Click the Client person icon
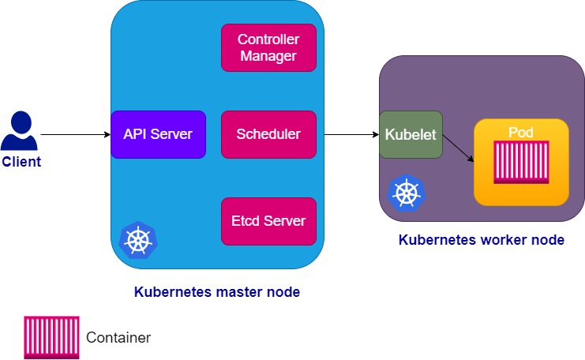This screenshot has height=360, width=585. click(21, 131)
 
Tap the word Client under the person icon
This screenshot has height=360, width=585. click(21, 162)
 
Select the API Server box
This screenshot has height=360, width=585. click(158, 134)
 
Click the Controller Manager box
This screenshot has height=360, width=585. click(268, 47)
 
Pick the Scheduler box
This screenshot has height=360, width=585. click(268, 134)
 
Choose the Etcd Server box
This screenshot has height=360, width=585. click(268, 220)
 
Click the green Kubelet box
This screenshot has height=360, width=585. click(411, 134)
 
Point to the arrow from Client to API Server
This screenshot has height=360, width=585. click(75, 134)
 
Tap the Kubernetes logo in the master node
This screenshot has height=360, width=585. click(138, 241)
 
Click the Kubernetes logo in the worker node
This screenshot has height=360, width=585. click(407, 193)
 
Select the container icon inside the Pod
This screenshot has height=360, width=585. click(520, 163)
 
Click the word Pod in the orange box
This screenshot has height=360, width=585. click(521, 131)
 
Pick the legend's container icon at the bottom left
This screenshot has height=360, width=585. click(51, 337)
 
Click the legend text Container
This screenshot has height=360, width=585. click(118, 338)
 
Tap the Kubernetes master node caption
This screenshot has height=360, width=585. click(217, 292)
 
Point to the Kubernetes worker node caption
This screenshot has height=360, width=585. click(481, 240)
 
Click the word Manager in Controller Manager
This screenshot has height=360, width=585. click(268, 56)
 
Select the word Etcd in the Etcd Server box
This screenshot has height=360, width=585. click(246, 220)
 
